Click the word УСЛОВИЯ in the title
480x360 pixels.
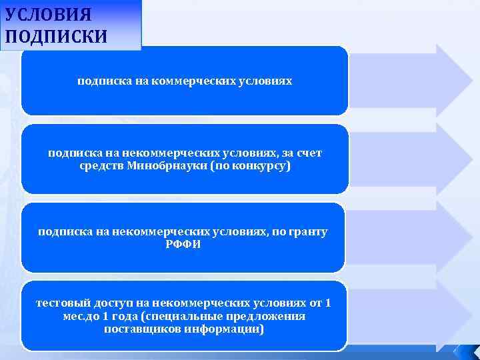point(48,14)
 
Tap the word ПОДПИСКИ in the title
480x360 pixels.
point(55,35)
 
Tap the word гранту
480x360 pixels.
point(309,231)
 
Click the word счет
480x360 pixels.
point(309,153)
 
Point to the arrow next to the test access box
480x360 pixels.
point(410,315)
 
